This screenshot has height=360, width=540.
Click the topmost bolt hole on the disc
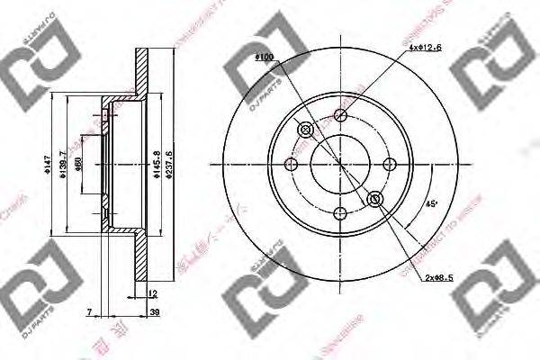[340, 115]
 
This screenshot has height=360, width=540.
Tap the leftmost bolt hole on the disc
[291, 165]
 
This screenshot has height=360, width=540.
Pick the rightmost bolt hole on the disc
[390, 165]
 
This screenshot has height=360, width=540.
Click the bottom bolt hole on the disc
[340, 214]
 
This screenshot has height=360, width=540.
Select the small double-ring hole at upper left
[305, 130]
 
